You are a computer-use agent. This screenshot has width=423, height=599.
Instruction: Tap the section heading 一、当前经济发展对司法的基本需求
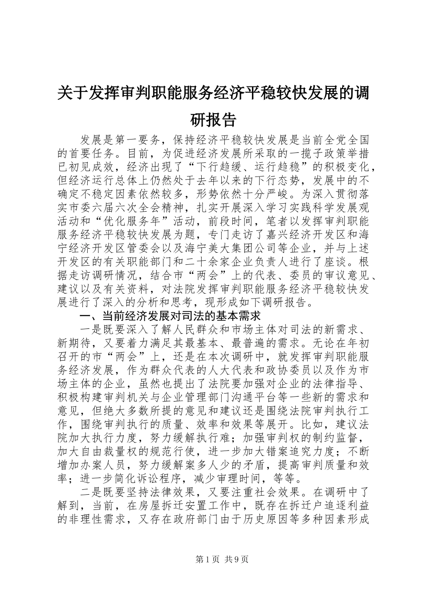click(x=169, y=316)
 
